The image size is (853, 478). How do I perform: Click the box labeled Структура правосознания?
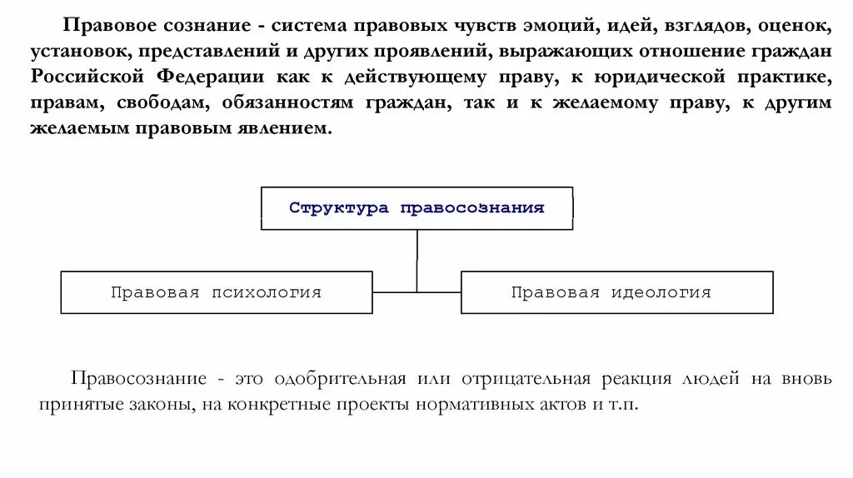417,208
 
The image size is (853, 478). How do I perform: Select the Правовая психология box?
217,292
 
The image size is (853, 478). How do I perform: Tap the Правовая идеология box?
616,292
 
